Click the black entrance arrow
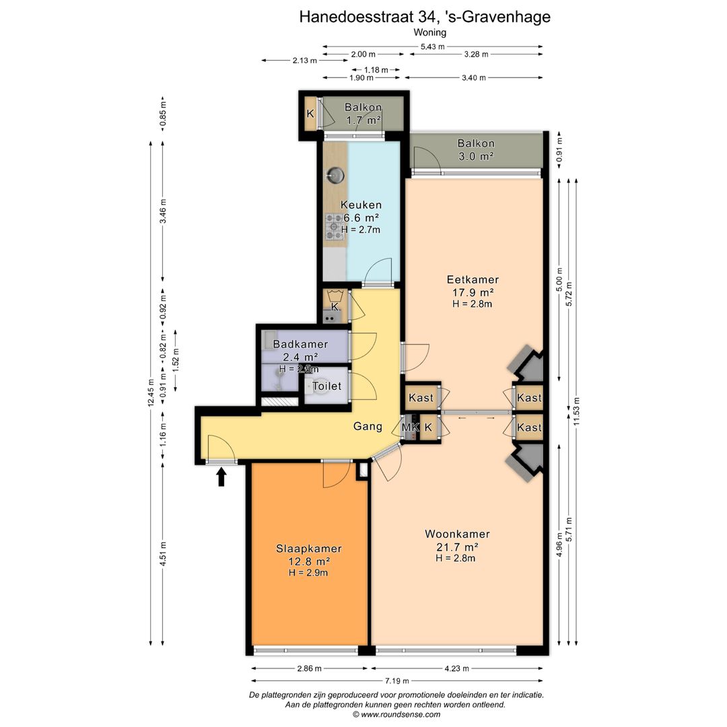click(x=221, y=477)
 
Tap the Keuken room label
click(x=361, y=205)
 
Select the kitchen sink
click(x=335, y=175)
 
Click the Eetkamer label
click(x=473, y=279)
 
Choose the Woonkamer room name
click(x=457, y=534)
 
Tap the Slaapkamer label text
click(x=309, y=549)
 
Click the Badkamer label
click(x=300, y=344)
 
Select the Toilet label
click(x=326, y=386)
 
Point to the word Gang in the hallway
click(x=368, y=426)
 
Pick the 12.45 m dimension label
click(x=151, y=393)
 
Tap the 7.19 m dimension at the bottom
click(x=397, y=681)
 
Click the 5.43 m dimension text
click(x=433, y=46)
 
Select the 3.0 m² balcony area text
click(x=476, y=157)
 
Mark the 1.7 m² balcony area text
click(x=363, y=120)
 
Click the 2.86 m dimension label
click(x=309, y=668)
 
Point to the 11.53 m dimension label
click(x=576, y=411)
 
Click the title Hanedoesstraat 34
click(x=368, y=17)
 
